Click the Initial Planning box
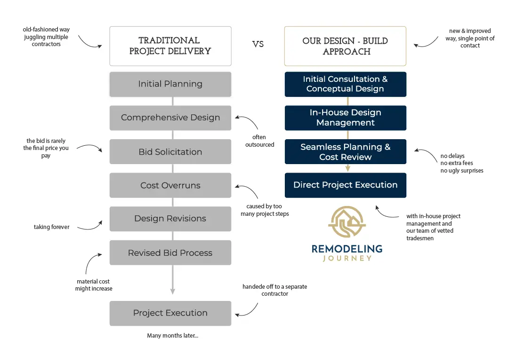tap(170, 84)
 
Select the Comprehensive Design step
tap(170, 118)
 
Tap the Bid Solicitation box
tap(170, 152)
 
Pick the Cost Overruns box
tap(170, 185)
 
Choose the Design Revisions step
tap(170, 219)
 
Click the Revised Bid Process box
tap(170, 253)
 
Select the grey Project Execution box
tap(170, 313)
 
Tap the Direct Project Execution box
tap(345, 185)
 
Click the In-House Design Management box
tap(345, 118)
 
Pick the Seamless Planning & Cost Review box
tap(345, 151)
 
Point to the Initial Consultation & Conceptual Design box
tap(345, 84)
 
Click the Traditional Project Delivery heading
tap(170, 46)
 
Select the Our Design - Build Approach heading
tap(345, 46)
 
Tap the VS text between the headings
tap(258, 44)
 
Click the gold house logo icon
tap(347, 222)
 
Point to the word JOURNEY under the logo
tap(347, 258)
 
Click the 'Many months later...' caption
tap(172, 336)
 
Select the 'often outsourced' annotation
tap(259, 141)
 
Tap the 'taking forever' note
tap(51, 227)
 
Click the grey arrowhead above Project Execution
tap(172, 291)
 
